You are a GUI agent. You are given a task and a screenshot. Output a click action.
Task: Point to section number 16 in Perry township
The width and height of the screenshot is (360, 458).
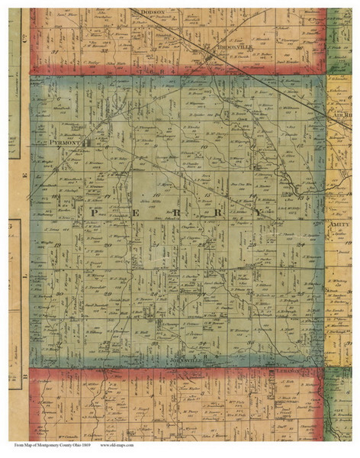(156, 196)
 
